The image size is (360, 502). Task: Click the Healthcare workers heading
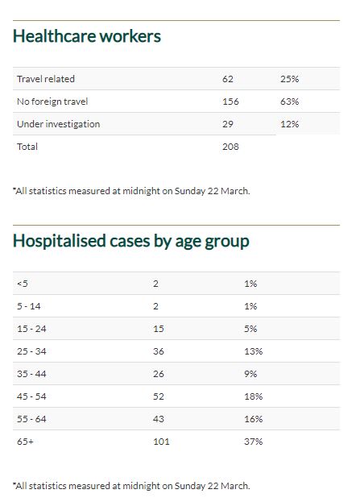tap(87, 35)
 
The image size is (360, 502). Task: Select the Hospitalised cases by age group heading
tap(131, 242)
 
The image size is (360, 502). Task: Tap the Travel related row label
tap(46, 79)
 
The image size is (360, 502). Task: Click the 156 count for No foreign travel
tap(230, 102)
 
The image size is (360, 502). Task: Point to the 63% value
tap(290, 102)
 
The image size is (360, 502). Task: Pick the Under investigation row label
tap(58, 124)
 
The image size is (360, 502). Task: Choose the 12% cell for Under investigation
tap(290, 124)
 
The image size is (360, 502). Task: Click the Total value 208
tap(230, 147)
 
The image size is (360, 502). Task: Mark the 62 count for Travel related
tap(228, 79)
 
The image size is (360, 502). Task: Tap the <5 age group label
tap(23, 284)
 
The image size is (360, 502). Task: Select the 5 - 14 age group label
tap(29, 306)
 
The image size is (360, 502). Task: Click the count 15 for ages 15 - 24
tap(159, 329)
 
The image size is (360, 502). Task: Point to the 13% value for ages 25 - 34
tap(254, 351)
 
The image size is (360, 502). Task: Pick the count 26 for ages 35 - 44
tap(159, 374)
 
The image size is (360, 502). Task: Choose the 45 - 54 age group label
tap(31, 396)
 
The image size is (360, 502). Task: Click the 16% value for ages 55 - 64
tap(254, 419)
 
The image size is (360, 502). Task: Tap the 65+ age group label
tap(25, 442)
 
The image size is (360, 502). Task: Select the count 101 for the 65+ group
tap(161, 442)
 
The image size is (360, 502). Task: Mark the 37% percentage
tap(254, 442)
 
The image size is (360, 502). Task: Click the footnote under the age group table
tap(131, 486)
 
